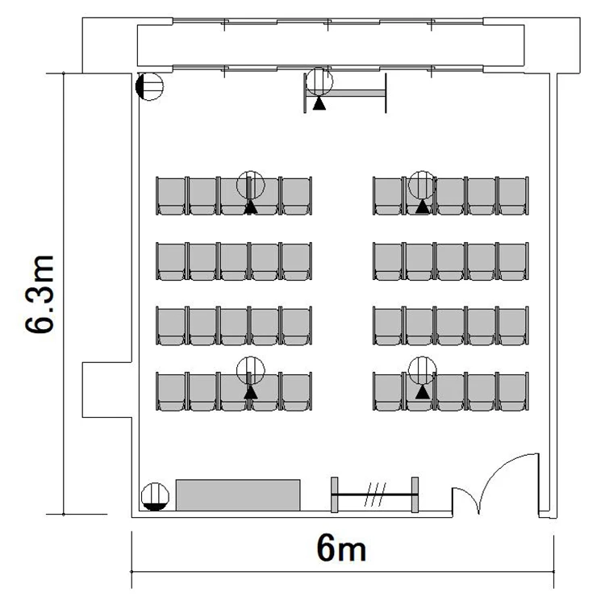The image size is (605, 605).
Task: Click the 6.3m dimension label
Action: coord(40,294)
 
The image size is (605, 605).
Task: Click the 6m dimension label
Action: coord(341,549)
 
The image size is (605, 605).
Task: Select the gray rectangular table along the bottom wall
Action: coord(238,495)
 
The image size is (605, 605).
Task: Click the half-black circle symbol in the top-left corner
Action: coord(150,86)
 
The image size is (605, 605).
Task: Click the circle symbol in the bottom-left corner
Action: coord(155,497)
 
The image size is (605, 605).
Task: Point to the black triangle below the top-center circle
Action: coord(319,103)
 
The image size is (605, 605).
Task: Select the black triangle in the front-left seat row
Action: coord(251,207)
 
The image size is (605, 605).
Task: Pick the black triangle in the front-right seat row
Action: coord(423,207)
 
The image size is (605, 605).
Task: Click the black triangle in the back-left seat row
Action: coord(251,392)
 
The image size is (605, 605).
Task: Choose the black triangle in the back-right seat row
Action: coord(423,392)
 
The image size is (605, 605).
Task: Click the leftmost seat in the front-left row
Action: coord(171,196)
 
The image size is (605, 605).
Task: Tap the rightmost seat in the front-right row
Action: coord(512,196)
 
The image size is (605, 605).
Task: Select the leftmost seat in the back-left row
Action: coord(171,391)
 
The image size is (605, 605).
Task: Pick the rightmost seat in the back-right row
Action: coord(512,391)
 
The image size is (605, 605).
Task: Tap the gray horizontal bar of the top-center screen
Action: coord(346,93)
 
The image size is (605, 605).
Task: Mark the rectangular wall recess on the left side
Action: coord(107,390)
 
